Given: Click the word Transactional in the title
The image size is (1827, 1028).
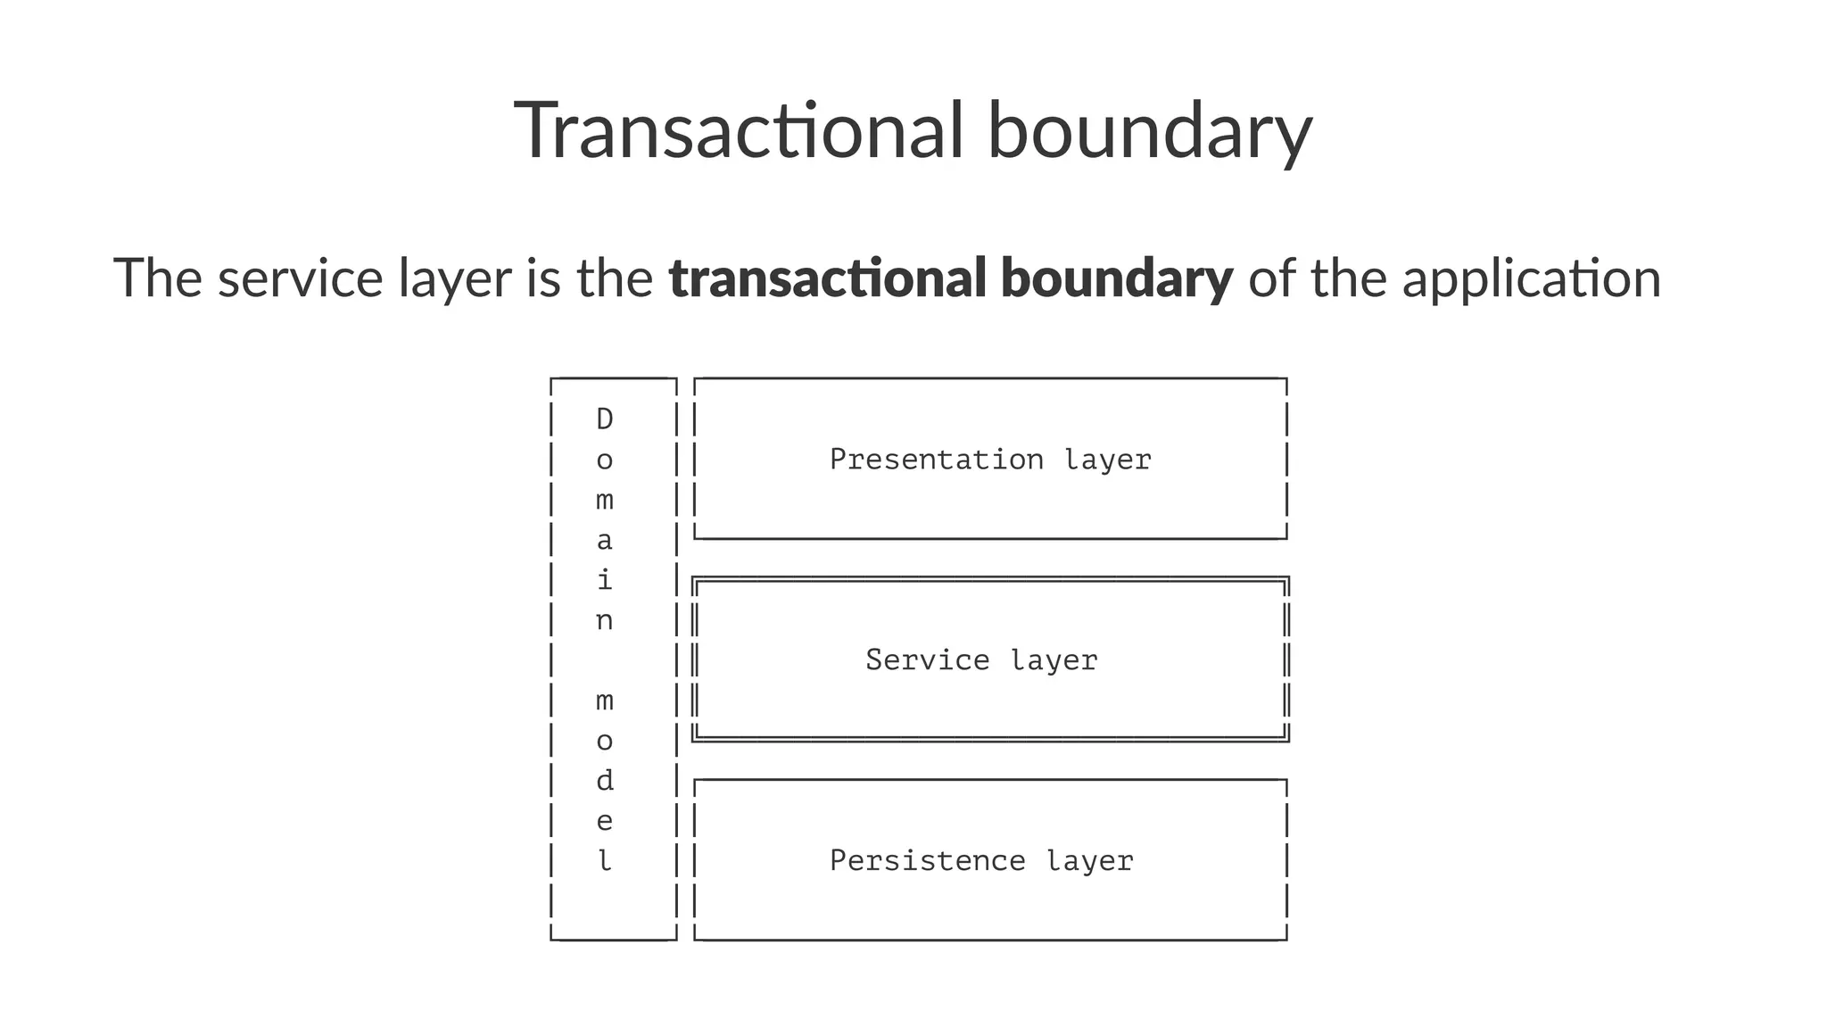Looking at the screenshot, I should point(739,131).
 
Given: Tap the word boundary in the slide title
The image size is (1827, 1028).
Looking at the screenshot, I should point(1149,131).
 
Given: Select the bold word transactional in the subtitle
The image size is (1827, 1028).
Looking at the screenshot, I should point(827,278).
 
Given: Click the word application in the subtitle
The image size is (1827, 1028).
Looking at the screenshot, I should point(1531,278).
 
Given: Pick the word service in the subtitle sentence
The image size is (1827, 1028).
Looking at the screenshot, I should point(300,278).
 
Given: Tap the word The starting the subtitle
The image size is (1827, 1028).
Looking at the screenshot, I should point(158,278).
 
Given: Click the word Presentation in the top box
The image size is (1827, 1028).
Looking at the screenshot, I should point(936,460).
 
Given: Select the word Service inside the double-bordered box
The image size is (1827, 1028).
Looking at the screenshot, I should point(927,660).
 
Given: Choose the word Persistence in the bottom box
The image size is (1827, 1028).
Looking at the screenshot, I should point(927,861).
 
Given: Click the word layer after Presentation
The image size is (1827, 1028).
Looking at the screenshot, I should point(1107,460).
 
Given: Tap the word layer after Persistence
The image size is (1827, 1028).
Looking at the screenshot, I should point(1089,861).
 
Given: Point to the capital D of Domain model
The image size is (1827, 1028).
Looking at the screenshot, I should point(605,419).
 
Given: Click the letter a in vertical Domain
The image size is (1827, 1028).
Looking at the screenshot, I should point(605,541).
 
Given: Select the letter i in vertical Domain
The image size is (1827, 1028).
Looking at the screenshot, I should point(605,580).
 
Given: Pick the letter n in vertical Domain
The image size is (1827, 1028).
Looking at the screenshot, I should point(605,621).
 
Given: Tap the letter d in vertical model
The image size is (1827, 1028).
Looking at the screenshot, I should point(605,781).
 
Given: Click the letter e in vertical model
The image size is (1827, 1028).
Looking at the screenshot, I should point(605,821).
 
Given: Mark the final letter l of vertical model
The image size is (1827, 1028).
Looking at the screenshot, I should point(605,861).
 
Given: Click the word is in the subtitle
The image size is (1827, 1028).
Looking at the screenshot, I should point(543,278).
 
